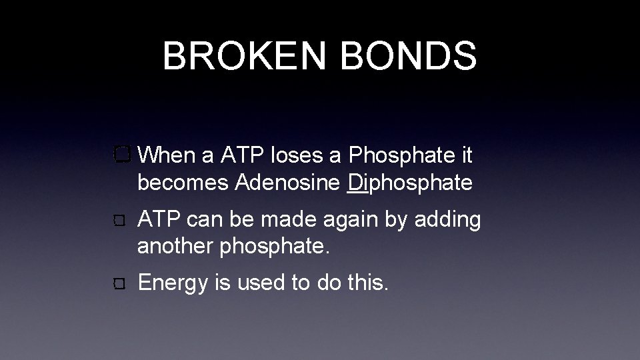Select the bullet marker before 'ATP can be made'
click(x=121, y=221)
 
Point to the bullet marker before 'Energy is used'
click(x=121, y=285)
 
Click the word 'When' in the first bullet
click(x=169, y=156)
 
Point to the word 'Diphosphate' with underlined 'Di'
click(x=410, y=183)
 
